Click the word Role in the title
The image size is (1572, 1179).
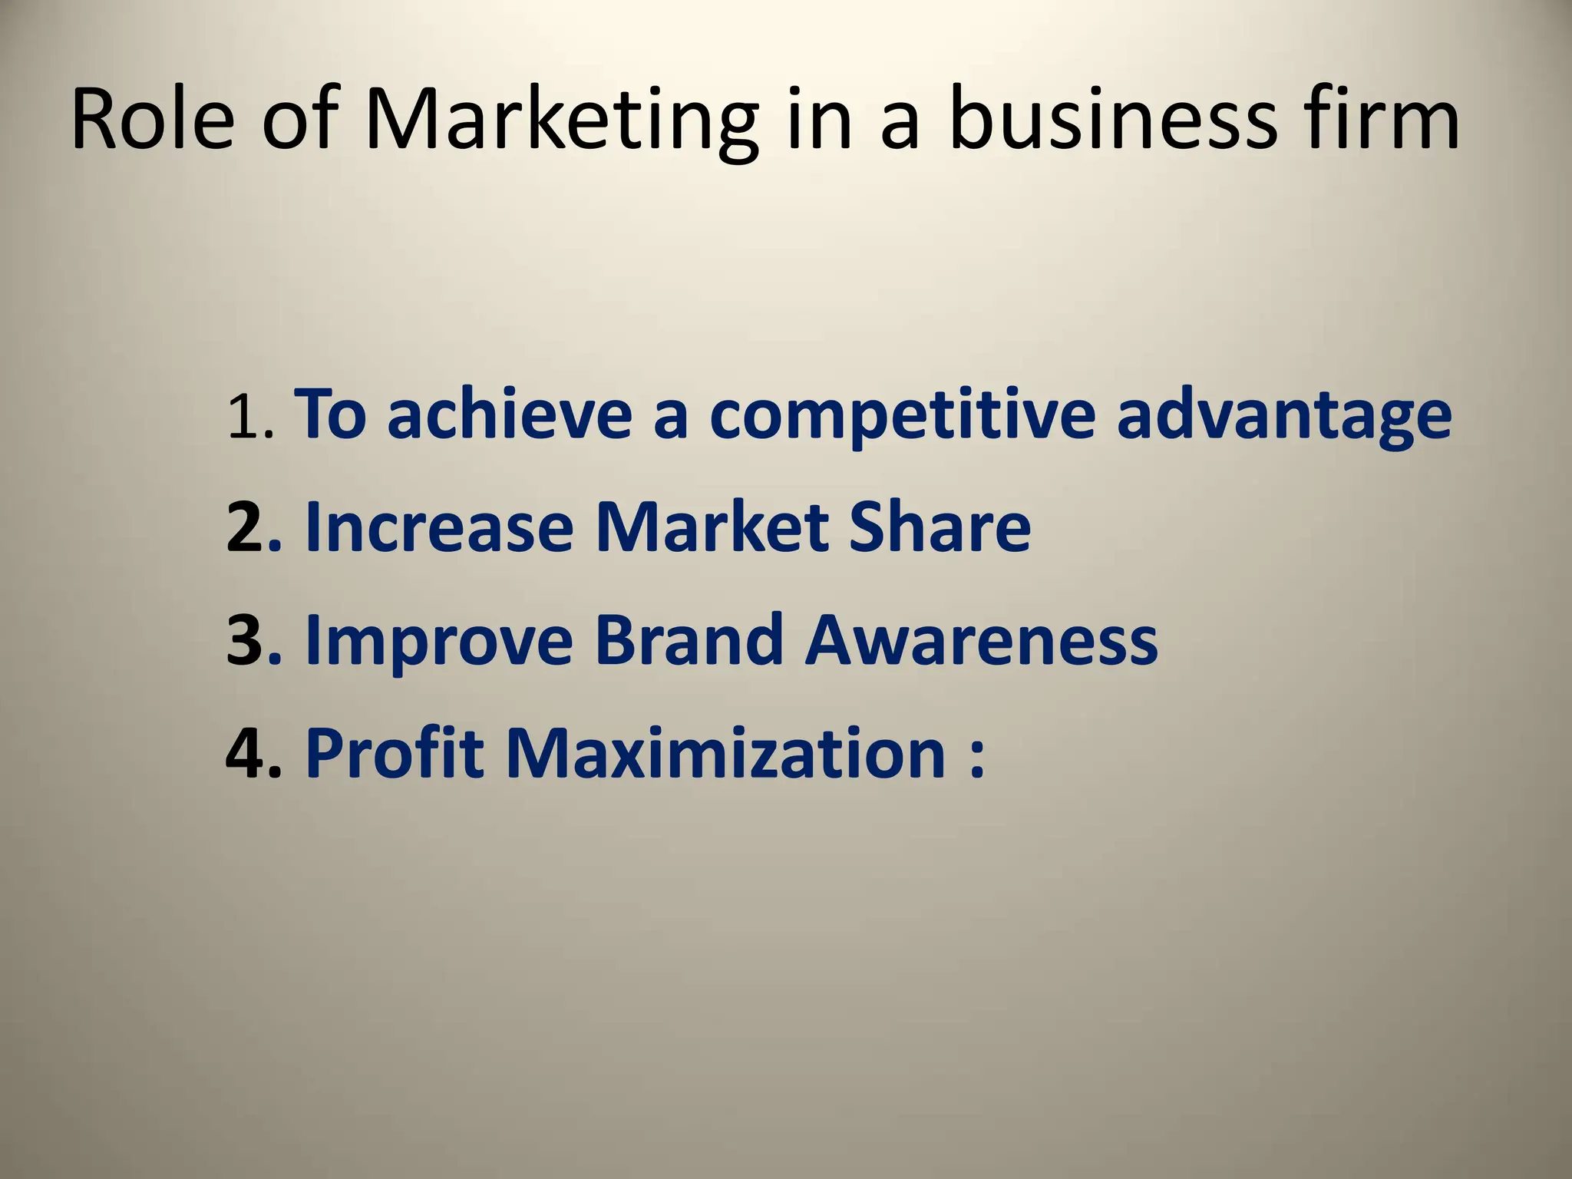152,121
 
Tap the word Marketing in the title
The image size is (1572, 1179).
561,121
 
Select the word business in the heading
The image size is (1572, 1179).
1113,121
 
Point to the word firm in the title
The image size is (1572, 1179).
1382,121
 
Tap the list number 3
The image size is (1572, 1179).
246,640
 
